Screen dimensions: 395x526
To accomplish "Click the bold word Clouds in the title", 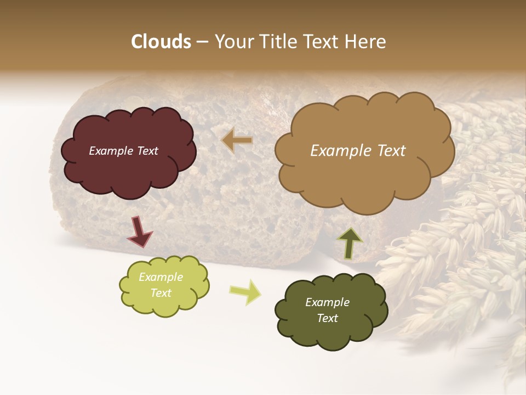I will click(x=161, y=42).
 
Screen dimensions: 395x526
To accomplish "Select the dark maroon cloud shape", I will click(x=129, y=170).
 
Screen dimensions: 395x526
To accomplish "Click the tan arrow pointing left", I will click(x=237, y=140).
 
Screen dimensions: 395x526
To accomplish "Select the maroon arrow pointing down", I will click(x=139, y=232).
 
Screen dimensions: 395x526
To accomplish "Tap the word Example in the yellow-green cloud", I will click(x=161, y=277).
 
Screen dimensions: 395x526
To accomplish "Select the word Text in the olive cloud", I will click(x=327, y=319).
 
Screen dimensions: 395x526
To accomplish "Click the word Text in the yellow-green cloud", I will click(x=161, y=293).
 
